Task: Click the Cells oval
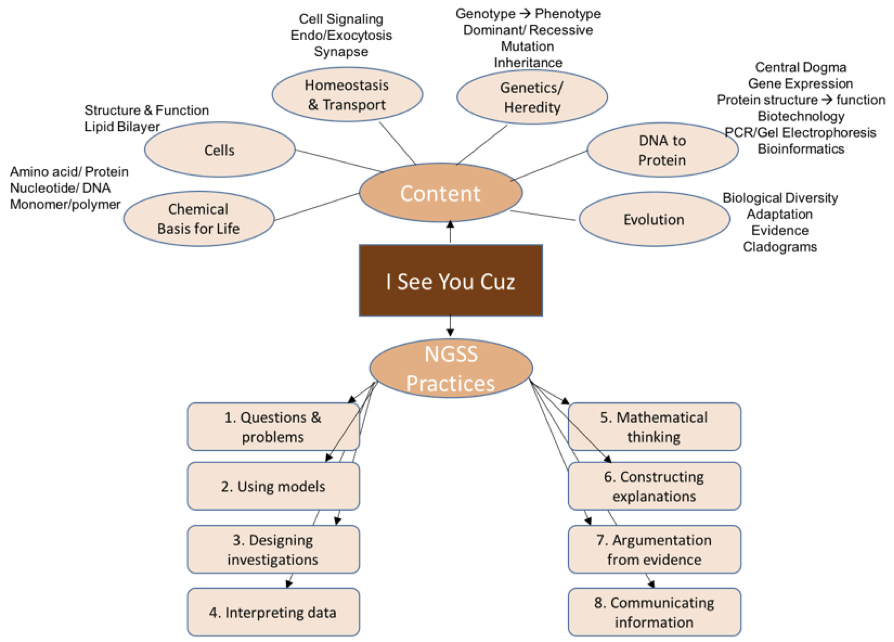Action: pyautogui.click(x=220, y=150)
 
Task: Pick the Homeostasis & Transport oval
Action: pyautogui.click(x=347, y=95)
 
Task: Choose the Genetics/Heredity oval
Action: pyautogui.click(x=532, y=97)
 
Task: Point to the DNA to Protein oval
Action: pyautogui.click(x=662, y=150)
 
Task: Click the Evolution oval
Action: pyautogui.click(x=654, y=219)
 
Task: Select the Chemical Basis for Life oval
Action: pyautogui.click(x=199, y=219)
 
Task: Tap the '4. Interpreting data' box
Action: pyautogui.click(x=273, y=612)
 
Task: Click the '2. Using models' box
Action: pyautogui.click(x=273, y=486)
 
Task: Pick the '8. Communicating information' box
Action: pyautogui.click(x=654, y=612)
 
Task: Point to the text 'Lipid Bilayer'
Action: pyautogui.click(x=122, y=127)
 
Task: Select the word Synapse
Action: pyautogui.click(x=341, y=52)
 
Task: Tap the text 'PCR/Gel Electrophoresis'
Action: pyautogui.click(x=800, y=133)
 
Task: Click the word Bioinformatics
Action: pyautogui.click(x=801, y=149)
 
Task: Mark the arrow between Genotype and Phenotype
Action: pyautogui.click(x=525, y=14)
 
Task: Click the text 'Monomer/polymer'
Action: pyautogui.click(x=65, y=204)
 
